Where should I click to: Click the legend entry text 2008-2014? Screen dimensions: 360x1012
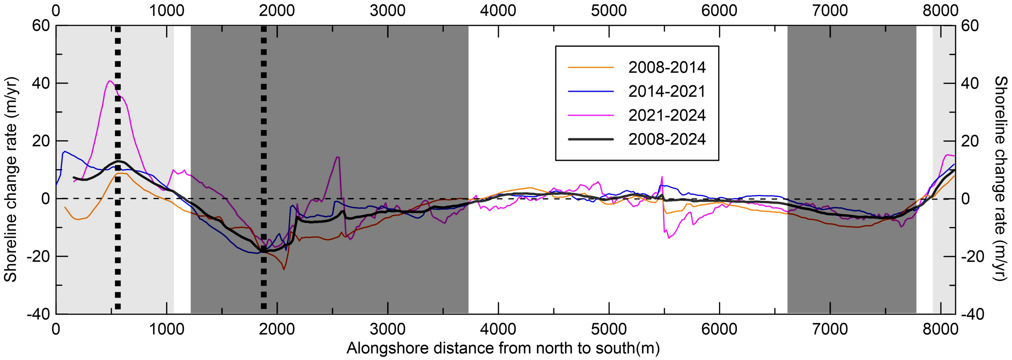pyautogui.click(x=667, y=67)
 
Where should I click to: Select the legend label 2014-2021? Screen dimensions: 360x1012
pyautogui.click(x=667, y=91)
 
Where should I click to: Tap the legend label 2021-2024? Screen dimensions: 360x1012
pyautogui.click(x=667, y=115)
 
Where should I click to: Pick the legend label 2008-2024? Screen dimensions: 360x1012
pyautogui.click(x=667, y=139)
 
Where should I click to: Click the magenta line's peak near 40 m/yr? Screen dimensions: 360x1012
pyautogui.click(x=109, y=81)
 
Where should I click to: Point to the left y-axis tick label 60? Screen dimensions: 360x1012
pyautogui.click(x=41, y=26)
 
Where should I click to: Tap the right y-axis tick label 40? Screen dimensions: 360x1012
pyautogui.click(x=970, y=83)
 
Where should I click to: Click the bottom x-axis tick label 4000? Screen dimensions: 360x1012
pyautogui.click(x=498, y=329)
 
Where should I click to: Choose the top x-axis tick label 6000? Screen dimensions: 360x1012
pyautogui.click(x=719, y=10)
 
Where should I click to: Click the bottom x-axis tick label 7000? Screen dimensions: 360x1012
pyautogui.click(x=830, y=329)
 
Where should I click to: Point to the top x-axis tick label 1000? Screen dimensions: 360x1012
pyautogui.click(x=166, y=10)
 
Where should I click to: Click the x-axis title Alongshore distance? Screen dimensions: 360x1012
pyautogui.click(x=503, y=348)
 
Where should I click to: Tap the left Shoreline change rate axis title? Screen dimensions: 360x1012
pyautogui.click(x=11, y=179)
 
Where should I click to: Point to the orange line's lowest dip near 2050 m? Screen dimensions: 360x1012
pyautogui.click(x=284, y=269)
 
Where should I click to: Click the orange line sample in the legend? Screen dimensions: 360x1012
pyautogui.click(x=591, y=67)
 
